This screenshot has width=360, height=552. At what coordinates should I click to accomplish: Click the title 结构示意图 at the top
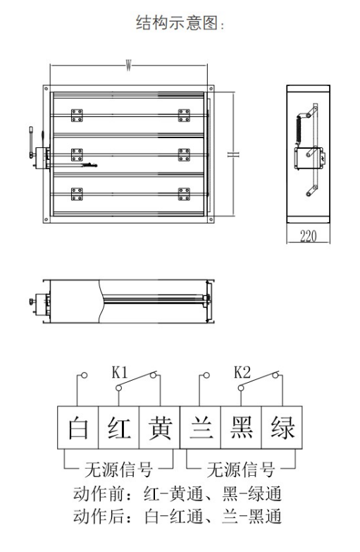[x=180, y=23]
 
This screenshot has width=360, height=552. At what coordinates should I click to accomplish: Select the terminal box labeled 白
[x=77, y=427]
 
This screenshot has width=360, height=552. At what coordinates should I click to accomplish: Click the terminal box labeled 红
[x=118, y=427]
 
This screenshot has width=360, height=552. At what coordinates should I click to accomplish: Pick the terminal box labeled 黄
[x=160, y=427]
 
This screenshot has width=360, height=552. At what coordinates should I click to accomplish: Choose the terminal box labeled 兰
[x=201, y=427]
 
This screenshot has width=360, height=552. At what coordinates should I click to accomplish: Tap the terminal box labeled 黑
[x=242, y=427]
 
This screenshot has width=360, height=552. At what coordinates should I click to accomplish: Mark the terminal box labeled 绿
[x=283, y=427]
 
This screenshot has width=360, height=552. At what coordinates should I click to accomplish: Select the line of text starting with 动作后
[x=178, y=517]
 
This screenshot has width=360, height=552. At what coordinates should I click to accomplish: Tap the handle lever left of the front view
[x=32, y=142]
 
